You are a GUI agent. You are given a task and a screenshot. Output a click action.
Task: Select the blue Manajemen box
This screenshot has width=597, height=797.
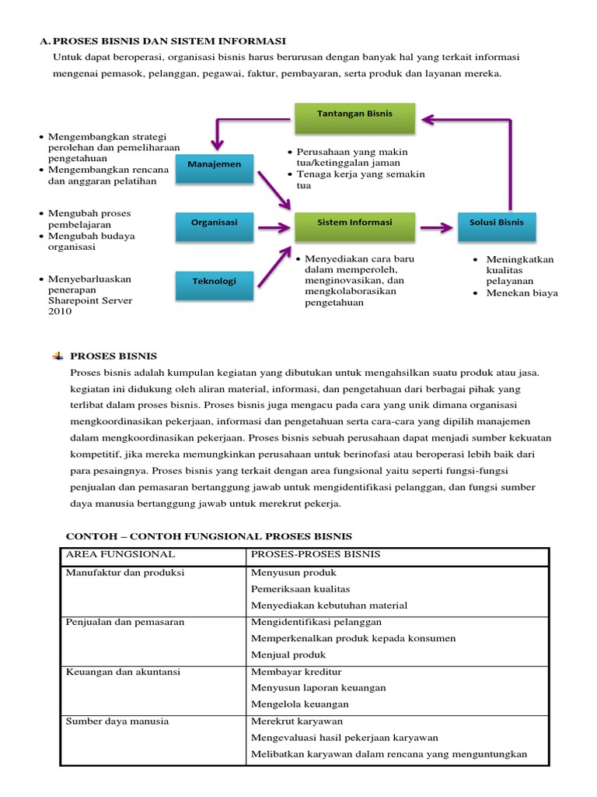pos(214,165)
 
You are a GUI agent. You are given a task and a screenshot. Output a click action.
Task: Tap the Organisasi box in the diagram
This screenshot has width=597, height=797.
pos(214,223)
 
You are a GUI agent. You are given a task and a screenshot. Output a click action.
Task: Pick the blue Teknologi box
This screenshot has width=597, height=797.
pos(214,282)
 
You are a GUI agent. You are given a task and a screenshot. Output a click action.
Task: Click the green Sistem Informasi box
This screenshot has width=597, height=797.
pos(354,223)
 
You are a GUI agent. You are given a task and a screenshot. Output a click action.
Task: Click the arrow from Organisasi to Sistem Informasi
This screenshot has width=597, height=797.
pos(273,227)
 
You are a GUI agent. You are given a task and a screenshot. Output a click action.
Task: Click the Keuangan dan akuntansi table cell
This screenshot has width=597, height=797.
pos(120,672)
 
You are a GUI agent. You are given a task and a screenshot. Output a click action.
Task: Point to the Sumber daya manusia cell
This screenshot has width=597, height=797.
pos(117,722)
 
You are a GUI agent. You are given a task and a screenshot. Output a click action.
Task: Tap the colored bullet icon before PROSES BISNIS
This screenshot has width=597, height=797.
pos(58,356)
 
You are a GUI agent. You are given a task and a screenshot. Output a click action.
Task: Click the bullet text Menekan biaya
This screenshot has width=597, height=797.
pos(522,293)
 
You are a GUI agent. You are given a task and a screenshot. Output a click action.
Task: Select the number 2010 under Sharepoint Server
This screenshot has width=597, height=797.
pos(60,311)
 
